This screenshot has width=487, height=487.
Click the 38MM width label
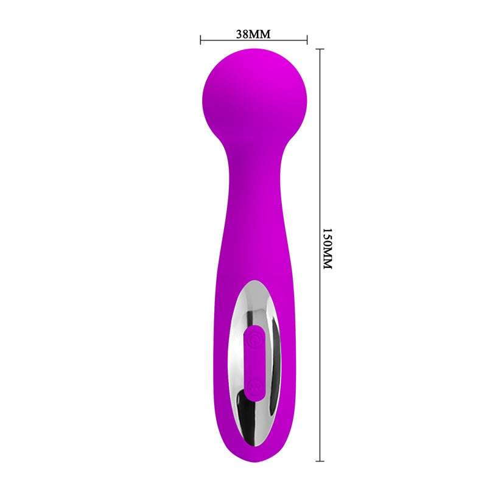coord(253,34)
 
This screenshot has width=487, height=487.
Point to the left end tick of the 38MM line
coord(201,40)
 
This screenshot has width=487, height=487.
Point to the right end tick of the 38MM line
coord(307,40)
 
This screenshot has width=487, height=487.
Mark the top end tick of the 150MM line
coord(320,49)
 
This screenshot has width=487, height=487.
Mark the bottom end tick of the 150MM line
coord(320,460)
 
